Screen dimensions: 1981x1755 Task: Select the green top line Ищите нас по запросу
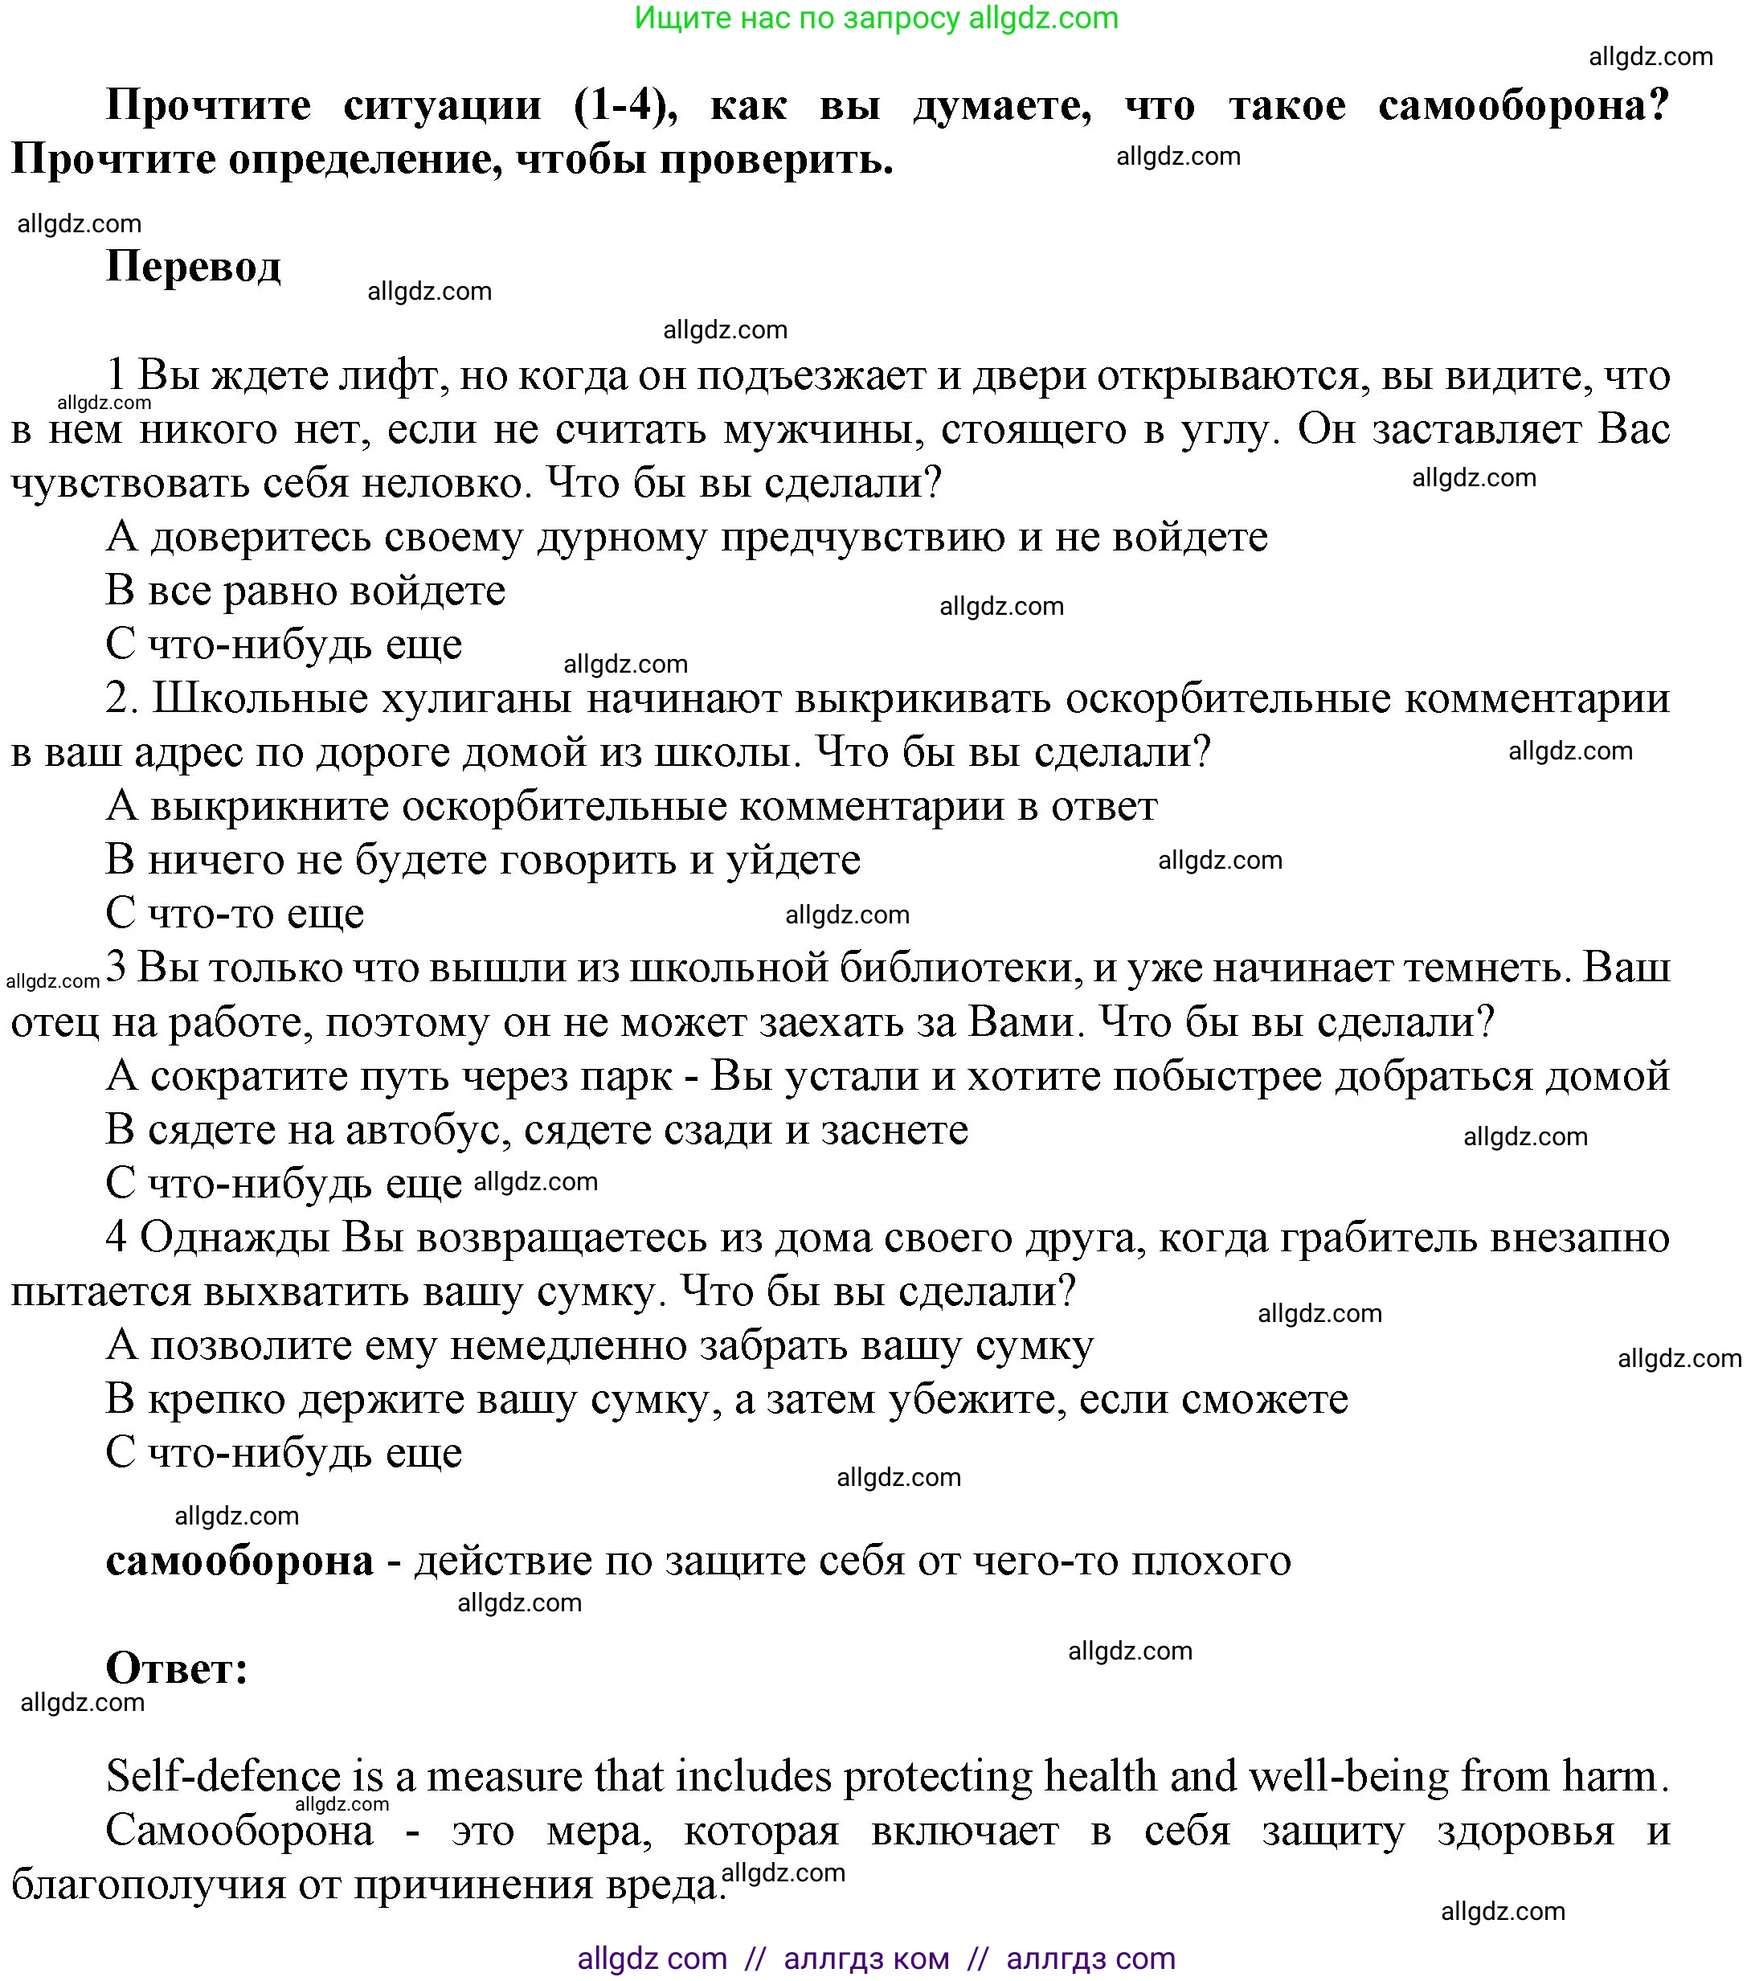click(876, 18)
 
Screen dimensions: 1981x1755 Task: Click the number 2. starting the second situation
click(122, 699)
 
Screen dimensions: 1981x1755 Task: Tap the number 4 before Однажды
click(117, 1238)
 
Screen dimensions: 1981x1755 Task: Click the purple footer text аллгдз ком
click(866, 1958)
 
